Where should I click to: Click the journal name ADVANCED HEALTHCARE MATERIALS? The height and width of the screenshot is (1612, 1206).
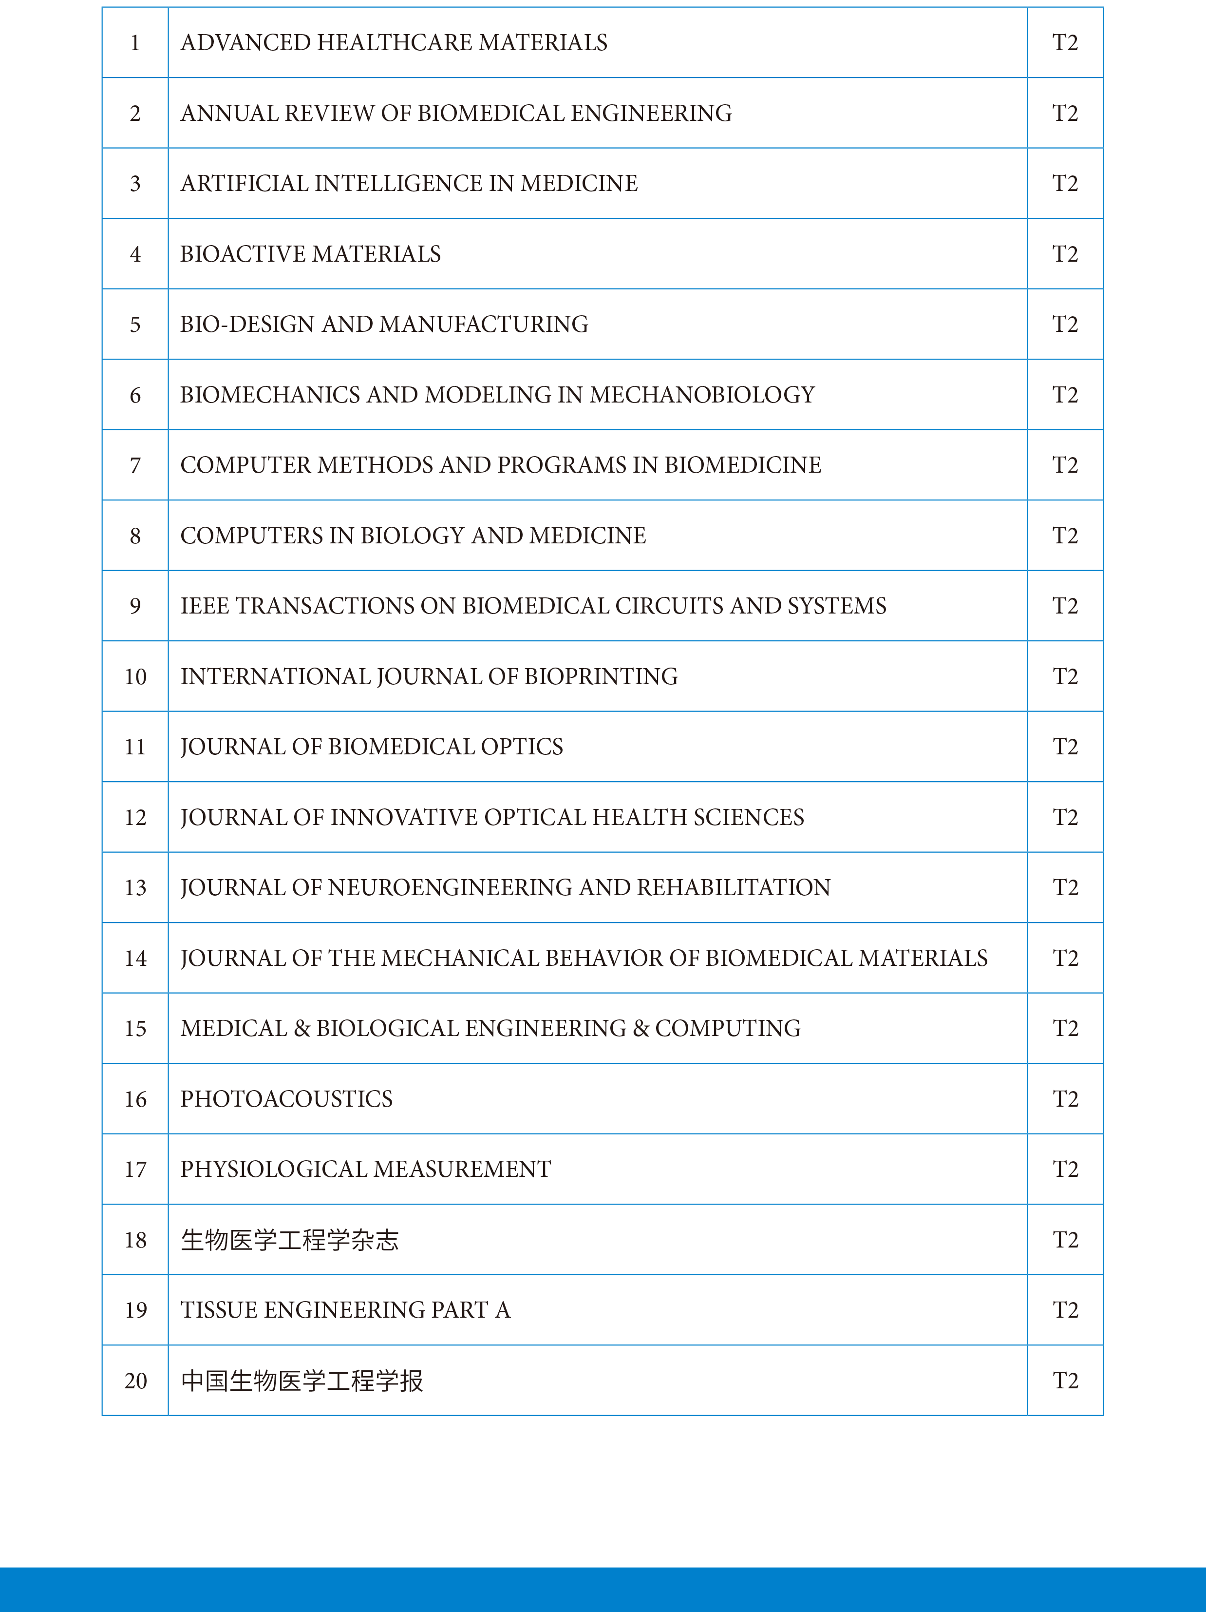[x=393, y=43]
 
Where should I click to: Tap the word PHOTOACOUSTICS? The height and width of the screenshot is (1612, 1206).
[x=286, y=1099]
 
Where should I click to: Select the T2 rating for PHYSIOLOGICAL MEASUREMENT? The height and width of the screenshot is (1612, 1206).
[x=1065, y=1170]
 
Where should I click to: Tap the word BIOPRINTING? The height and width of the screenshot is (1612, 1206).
[x=601, y=677]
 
